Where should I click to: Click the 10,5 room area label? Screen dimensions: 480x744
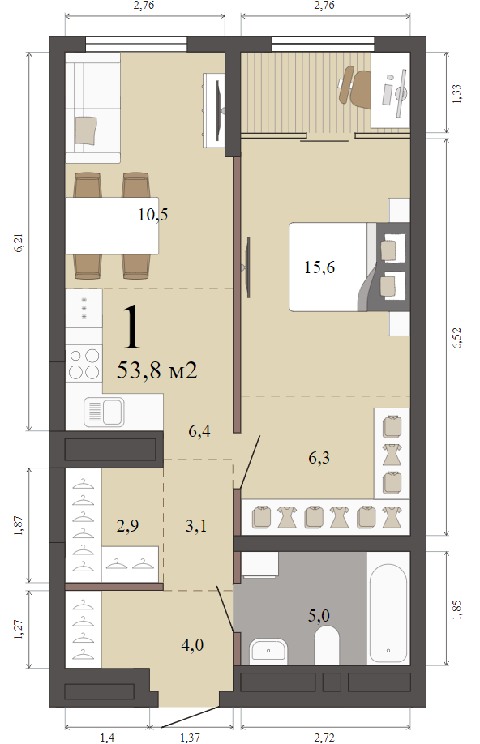pyautogui.click(x=153, y=215)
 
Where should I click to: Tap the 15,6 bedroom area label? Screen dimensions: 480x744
pyautogui.click(x=319, y=267)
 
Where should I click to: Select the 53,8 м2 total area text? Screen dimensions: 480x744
pyautogui.click(x=156, y=370)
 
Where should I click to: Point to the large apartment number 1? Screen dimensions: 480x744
pyautogui.click(x=131, y=326)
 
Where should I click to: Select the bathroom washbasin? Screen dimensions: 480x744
pyautogui.click(x=268, y=651)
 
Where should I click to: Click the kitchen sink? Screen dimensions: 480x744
pyautogui.click(x=104, y=412)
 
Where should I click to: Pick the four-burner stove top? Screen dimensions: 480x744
pyautogui.click(x=84, y=364)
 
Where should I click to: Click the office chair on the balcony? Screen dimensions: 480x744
pyautogui.click(x=356, y=88)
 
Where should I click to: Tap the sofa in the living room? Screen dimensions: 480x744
pyautogui.click(x=92, y=108)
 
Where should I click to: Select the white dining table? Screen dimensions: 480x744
pyautogui.click(x=112, y=226)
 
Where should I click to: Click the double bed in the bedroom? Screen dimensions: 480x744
pyautogui.click(x=349, y=267)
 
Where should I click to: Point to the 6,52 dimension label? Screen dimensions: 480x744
pyautogui.click(x=456, y=338)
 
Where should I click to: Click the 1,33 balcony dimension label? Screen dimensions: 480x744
pyautogui.click(x=456, y=94)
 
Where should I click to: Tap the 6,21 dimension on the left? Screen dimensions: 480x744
pyautogui.click(x=18, y=242)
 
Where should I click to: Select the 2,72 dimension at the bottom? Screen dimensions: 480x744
pyautogui.click(x=324, y=737)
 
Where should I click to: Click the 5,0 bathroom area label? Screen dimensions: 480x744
pyautogui.click(x=319, y=615)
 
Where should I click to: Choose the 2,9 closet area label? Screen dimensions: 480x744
pyautogui.click(x=128, y=526)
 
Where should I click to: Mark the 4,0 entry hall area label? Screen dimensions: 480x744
pyautogui.click(x=192, y=645)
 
